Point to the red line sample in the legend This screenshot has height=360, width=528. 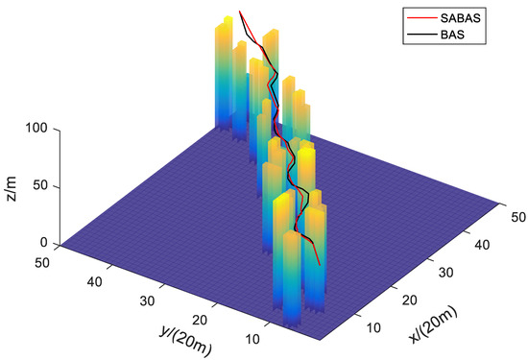click(423, 16)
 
